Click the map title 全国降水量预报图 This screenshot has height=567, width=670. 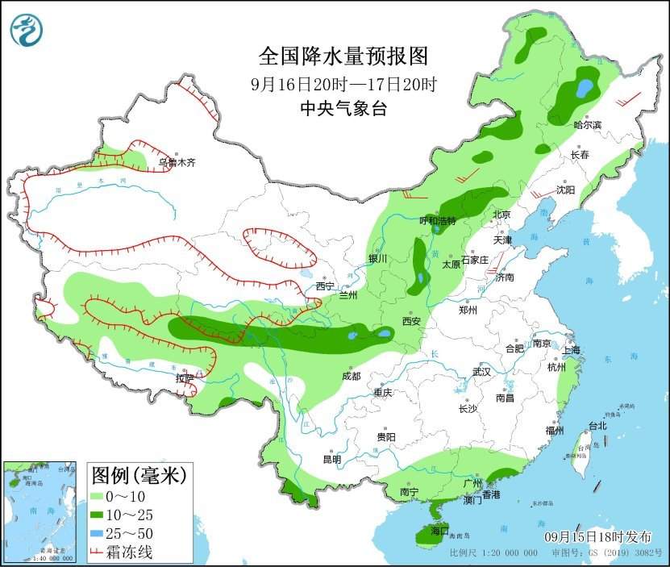pyautogui.click(x=342, y=56)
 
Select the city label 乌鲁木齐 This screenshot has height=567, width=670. pyautogui.click(x=177, y=162)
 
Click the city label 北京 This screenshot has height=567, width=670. pyautogui.click(x=501, y=215)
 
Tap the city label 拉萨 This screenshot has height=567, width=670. pyautogui.click(x=185, y=377)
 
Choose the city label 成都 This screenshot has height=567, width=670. pyautogui.click(x=352, y=375)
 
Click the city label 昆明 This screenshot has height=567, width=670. pyautogui.click(x=331, y=459)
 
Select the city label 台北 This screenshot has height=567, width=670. pyautogui.click(x=597, y=425)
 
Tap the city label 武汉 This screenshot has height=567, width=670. pyautogui.click(x=482, y=373)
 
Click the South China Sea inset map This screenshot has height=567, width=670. pyautogui.click(x=41, y=511)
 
